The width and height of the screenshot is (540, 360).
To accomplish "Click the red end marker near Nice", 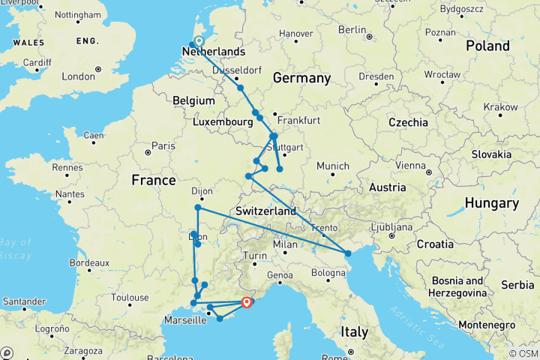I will tap(246, 302).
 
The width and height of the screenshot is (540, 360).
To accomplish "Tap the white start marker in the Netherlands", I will tap(199, 42).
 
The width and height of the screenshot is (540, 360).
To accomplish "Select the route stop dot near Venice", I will tap(348, 254).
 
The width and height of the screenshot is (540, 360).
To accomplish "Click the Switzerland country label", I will tap(265, 211).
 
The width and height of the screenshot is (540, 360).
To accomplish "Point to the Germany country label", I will tap(301, 79).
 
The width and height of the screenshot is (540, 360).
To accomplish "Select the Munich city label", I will tap(333, 166).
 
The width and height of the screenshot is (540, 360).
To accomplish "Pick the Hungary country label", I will tap(491, 203).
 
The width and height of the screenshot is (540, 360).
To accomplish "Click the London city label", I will tap(78, 76).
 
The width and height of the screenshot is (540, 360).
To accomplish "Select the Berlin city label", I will tap(351, 29).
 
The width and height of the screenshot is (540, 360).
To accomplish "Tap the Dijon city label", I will tap(192, 190).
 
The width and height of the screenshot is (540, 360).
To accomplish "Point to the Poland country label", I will tap(487, 45).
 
